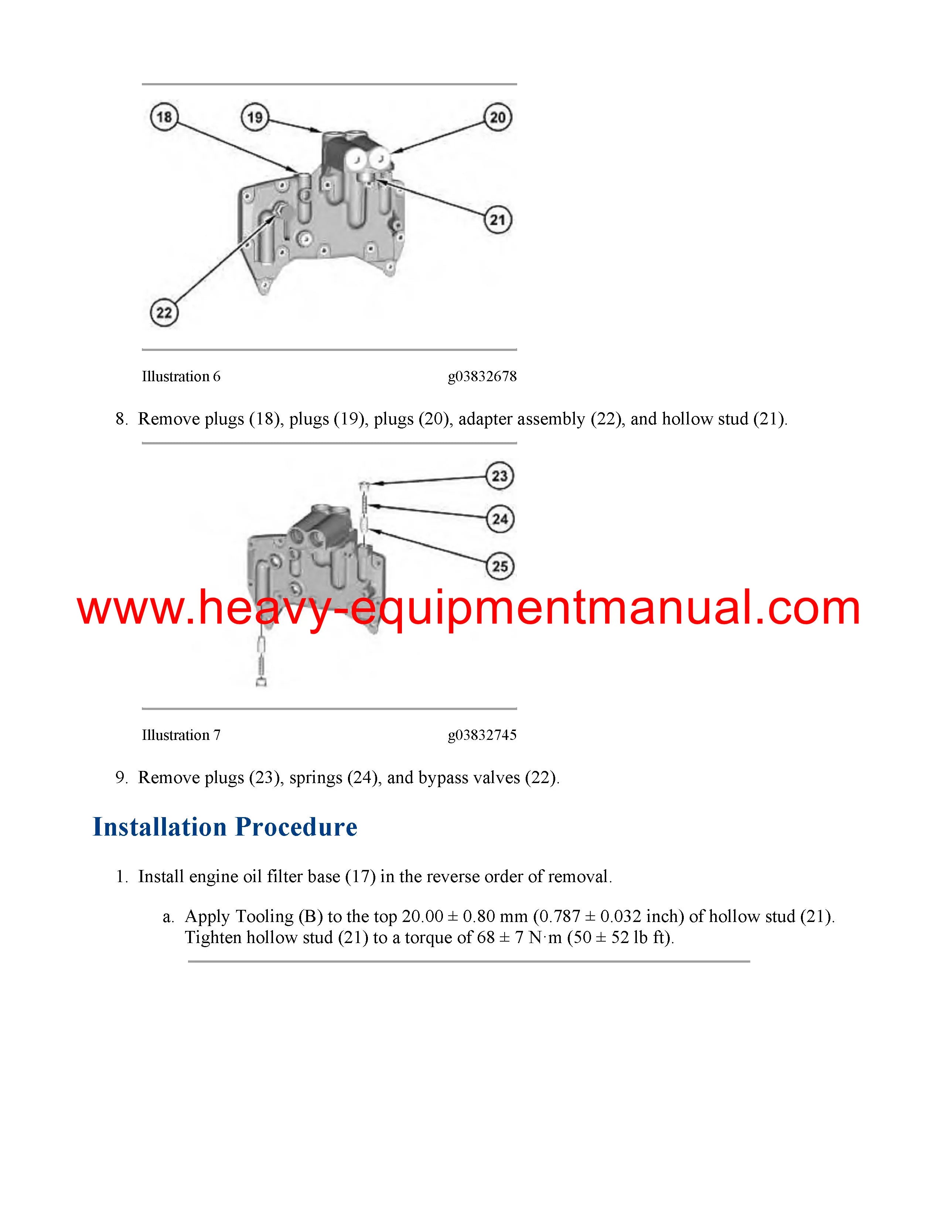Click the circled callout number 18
[x=164, y=117]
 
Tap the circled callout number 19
[x=255, y=117]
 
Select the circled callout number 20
[x=497, y=117]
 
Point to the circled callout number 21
[x=497, y=220]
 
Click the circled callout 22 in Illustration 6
[x=164, y=313]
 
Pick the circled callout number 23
[x=499, y=476]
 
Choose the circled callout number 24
[x=499, y=519]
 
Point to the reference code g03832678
[x=482, y=377]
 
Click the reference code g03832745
[x=482, y=735]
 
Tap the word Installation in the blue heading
[x=159, y=827]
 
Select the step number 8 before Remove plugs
[x=120, y=419]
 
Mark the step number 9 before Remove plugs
[x=120, y=778]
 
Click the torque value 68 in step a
[x=486, y=937]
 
